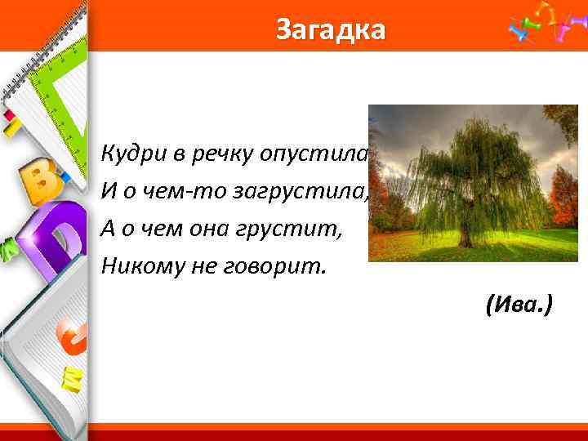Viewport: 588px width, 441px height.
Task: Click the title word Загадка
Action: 330,29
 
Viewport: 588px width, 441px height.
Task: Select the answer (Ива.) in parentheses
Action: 518,306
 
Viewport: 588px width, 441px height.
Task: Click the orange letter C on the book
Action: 72,336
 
